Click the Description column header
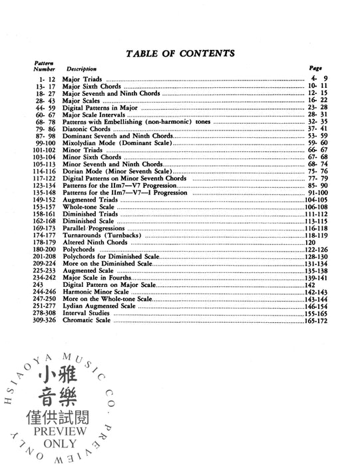click(x=81, y=69)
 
